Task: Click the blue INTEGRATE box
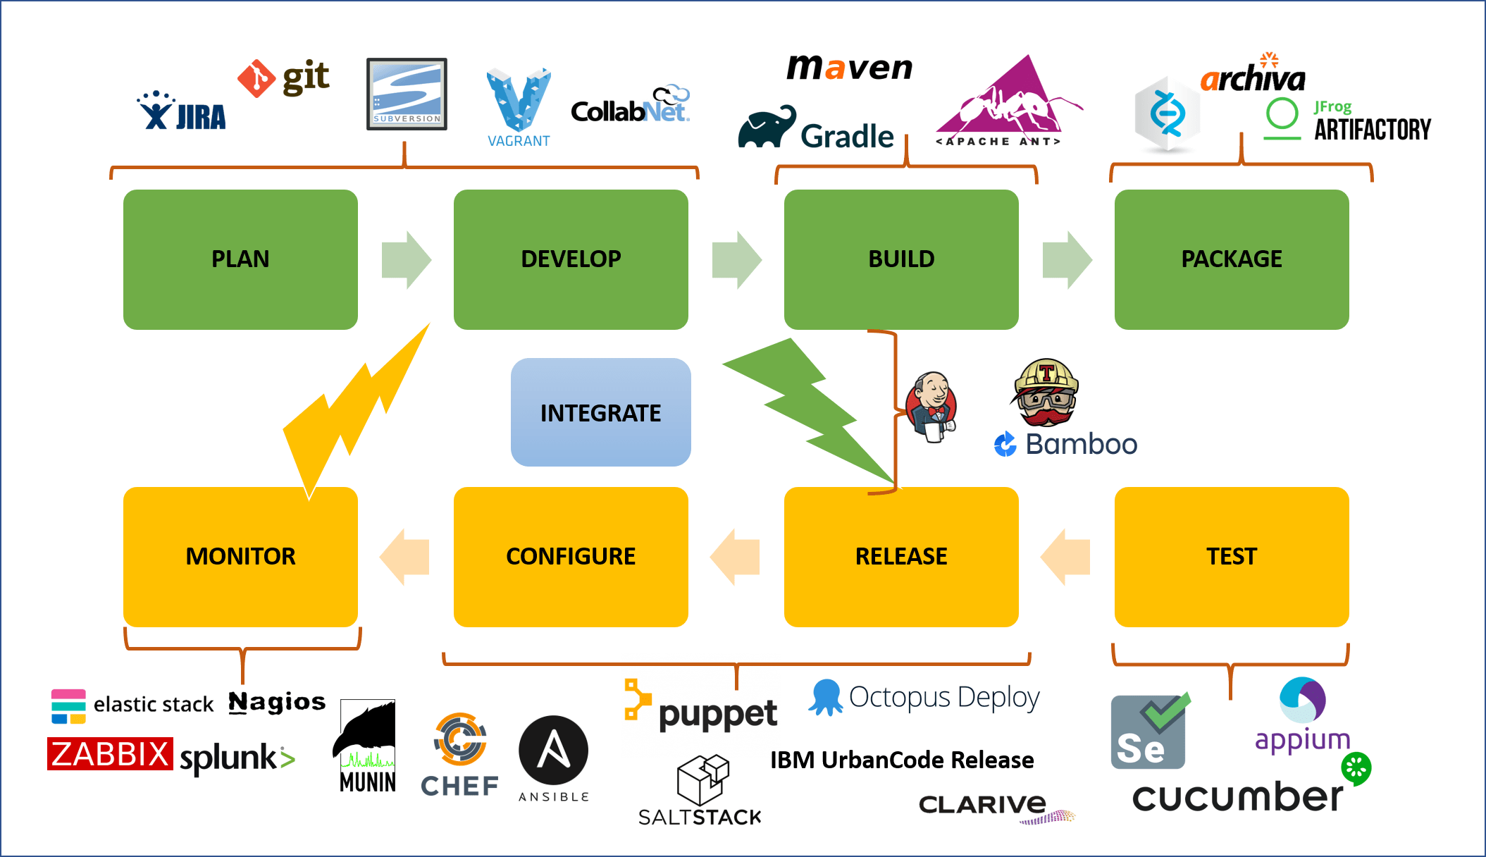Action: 600,412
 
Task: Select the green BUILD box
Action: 900,259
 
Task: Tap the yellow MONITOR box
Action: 240,556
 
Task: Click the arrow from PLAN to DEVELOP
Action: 406,259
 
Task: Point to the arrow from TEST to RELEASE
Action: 1065,557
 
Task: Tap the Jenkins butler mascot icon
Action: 932,407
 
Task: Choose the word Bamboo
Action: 1081,444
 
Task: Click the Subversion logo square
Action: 407,94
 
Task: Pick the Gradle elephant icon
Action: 767,128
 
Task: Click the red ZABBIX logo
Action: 110,754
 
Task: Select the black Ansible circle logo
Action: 553,751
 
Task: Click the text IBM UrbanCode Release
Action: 902,760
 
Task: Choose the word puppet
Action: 717,715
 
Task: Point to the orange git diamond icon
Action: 256,78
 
